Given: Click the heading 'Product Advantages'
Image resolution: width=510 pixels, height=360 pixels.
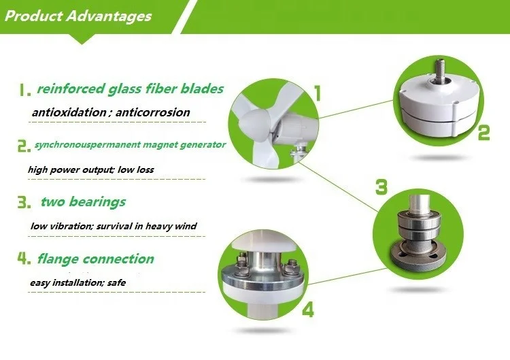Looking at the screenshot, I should (78, 16).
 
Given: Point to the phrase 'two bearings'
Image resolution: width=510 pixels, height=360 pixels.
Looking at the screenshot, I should (82, 202).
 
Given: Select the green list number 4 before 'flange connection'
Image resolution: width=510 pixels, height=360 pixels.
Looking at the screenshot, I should (24, 259).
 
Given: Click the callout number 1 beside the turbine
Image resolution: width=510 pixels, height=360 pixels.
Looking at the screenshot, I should (317, 93).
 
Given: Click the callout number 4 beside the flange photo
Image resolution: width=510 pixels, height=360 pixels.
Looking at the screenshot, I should (308, 310).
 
